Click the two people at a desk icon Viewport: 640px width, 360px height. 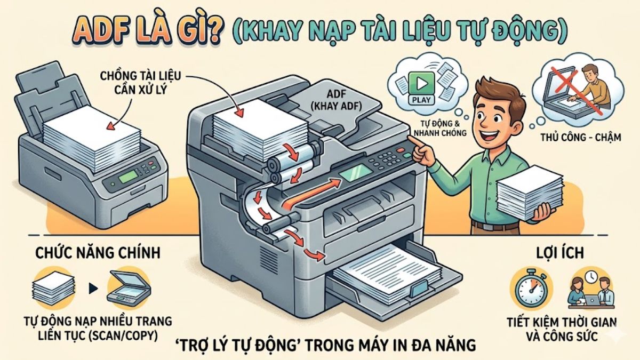[589, 291]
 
